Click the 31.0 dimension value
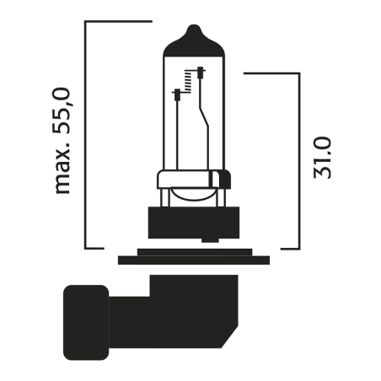(322, 157)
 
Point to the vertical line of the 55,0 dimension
(87, 135)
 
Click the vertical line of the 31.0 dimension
(299, 160)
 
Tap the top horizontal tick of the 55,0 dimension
(118, 21)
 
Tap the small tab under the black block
(193, 244)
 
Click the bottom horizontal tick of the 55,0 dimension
(94, 249)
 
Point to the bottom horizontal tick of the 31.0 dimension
(289, 249)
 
